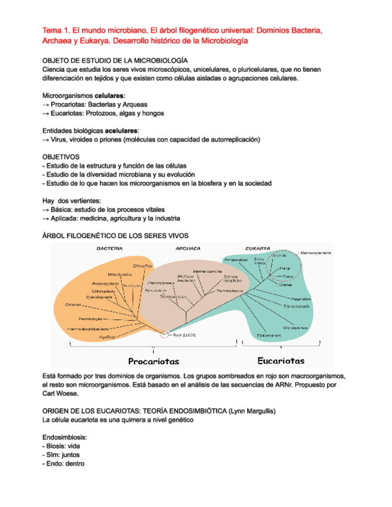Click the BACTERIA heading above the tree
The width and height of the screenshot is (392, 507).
(110, 248)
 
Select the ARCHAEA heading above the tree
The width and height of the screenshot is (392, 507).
(188, 248)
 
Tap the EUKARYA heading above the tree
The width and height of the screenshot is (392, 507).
(258, 248)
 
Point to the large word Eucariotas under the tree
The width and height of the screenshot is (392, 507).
(281, 361)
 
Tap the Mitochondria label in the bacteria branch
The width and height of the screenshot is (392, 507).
(120, 274)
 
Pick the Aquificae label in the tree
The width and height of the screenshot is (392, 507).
(107, 337)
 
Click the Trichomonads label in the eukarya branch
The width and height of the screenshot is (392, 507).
(297, 306)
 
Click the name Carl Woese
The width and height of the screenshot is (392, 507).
(60, 394)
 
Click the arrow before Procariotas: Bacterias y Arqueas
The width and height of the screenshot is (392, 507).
(45, 105)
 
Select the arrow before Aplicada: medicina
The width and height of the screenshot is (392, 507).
(45, 219)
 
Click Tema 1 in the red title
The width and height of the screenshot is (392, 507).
(55, 29)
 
